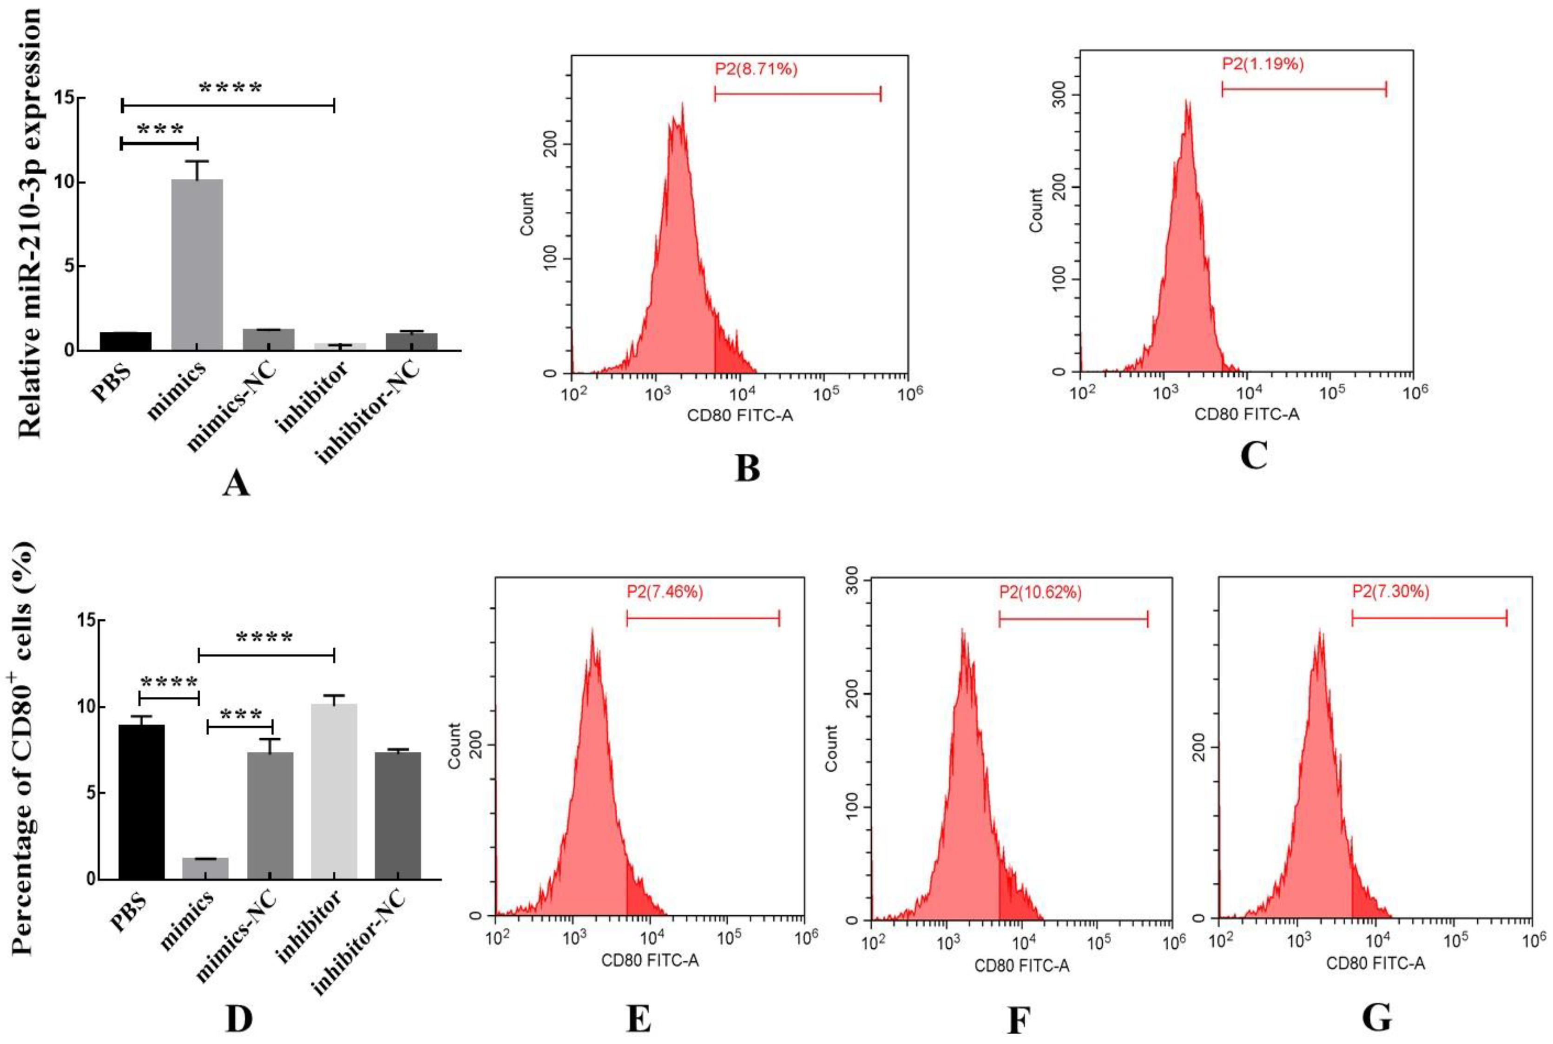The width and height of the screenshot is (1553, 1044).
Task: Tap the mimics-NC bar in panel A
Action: point(269,340)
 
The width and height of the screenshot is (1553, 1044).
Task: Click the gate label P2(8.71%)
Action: point(756,69)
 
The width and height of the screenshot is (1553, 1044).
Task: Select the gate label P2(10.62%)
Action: point(1040,592)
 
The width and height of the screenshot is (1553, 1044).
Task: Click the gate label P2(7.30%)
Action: point(1390,591)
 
